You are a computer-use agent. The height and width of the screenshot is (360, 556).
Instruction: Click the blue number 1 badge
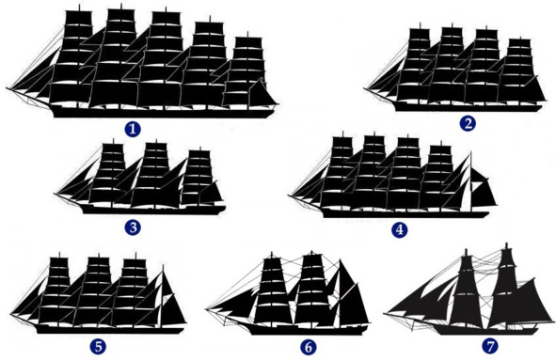point(133,129)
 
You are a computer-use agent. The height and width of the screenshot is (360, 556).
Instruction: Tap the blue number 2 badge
point(468,124)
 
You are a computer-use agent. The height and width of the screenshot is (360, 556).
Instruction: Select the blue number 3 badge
point(133,227)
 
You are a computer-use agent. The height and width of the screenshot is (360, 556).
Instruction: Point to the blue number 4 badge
point(400,230)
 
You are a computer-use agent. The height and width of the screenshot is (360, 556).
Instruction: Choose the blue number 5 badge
point(98,347)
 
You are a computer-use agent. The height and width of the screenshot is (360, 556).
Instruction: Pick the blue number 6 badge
point(309,347)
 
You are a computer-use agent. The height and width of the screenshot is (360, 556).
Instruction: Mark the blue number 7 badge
point(490,346)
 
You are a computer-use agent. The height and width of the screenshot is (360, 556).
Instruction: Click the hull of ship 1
point(163,113)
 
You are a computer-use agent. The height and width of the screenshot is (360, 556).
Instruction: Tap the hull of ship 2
point(469,107)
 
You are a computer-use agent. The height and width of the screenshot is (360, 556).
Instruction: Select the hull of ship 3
point(153,210)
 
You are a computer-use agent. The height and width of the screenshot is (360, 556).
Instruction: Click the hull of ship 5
point(110,330)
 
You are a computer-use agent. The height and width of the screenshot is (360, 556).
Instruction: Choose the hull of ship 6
point(308,330)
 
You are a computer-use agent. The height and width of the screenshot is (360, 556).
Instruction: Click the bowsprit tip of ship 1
point(7,87)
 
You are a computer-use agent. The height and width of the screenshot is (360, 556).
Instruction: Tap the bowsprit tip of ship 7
point(385,313)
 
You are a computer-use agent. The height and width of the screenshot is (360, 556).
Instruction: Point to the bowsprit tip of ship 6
point(207,309)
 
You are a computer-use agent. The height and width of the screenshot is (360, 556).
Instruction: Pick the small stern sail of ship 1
point(263,94)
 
